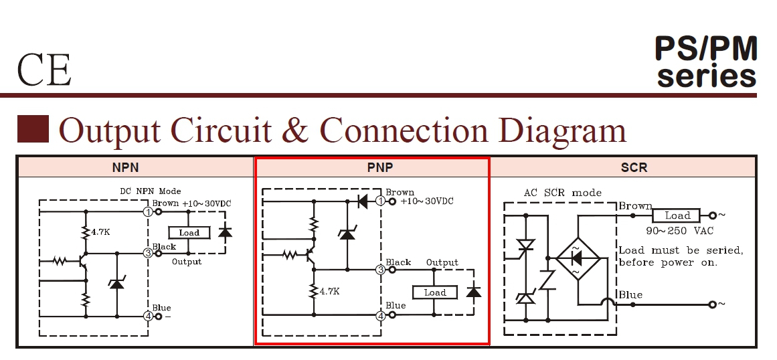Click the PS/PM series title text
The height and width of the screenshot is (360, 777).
point(706,62)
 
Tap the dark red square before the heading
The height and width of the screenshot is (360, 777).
point(33,129)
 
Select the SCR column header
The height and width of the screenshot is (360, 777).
point(633,167)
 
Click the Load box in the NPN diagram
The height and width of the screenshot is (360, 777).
point(189,233)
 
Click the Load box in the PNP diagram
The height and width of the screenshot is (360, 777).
point(434,292)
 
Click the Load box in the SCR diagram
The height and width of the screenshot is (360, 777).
point(677,215)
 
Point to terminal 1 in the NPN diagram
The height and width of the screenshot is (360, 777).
point(148,211)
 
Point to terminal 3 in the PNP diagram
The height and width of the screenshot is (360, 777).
point(381,270)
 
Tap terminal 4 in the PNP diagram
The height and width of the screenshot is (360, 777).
point(381,315)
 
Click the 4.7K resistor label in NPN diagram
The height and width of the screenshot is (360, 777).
point(100,232)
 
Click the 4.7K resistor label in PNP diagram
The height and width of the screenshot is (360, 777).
point(329,292)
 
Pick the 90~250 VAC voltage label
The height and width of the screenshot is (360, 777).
point(679,231)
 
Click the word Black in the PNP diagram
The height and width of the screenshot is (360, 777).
point(399,262)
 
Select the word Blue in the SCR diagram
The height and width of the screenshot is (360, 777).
point(630,295)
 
